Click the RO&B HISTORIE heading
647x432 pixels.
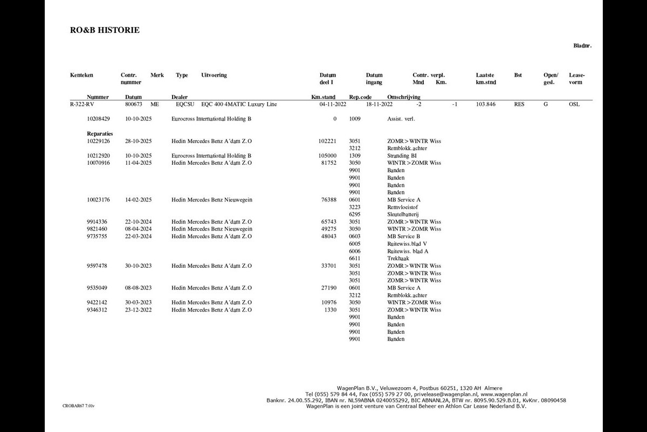tap(105, 30)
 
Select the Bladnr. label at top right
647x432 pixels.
tap(582, 46)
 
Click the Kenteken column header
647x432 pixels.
tap(81, 75)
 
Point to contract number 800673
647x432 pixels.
tap(133, 104)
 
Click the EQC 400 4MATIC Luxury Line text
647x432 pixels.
tap(239, 104)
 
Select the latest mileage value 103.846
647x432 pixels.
tap(486, 104)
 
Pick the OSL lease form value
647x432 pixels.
tap(574, 104)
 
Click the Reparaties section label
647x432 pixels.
tap(100, 133)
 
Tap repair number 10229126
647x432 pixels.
tap(98, 141)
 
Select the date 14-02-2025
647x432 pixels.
tap(139, 200)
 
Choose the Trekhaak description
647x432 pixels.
tap(398, 258)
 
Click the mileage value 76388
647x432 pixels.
tap(328, 200)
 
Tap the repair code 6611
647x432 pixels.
tap(354, 258)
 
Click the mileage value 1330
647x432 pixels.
tap(330, 310)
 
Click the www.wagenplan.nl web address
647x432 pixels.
tap(504, 394)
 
